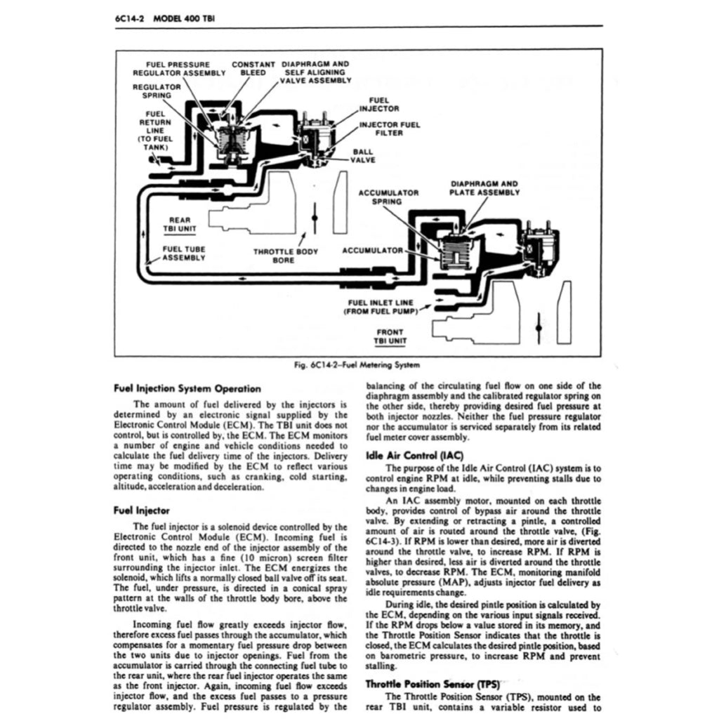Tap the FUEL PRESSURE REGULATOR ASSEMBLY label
(179, 68)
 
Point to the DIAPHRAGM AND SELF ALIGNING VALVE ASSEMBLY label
(315, 72)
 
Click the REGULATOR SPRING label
(157, 91)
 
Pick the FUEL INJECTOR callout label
(379, 105)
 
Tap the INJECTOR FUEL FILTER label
(390, 129)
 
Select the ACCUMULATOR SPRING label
(388, 197)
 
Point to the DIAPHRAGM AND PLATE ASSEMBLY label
(484, 188)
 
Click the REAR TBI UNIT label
(179, 224)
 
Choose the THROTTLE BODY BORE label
(285, 256)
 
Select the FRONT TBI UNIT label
(390, 337)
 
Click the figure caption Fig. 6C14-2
(358, 365)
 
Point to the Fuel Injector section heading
(141, 510)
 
